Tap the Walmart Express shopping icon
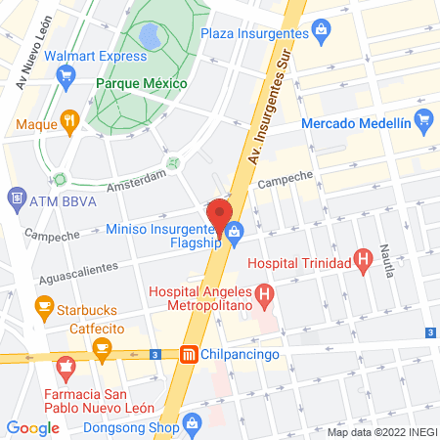click(x=67, y=82)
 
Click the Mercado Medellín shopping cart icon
click(x=422, y=122)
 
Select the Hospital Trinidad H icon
click(x=363, y=260)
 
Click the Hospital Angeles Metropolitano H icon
click(x=262, y=293)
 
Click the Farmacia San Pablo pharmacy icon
click(x=66, y=370)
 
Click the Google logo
click(x=32, y=427)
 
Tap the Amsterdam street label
click(x=136, y=180)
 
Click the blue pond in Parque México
click(x=151, y=38)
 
